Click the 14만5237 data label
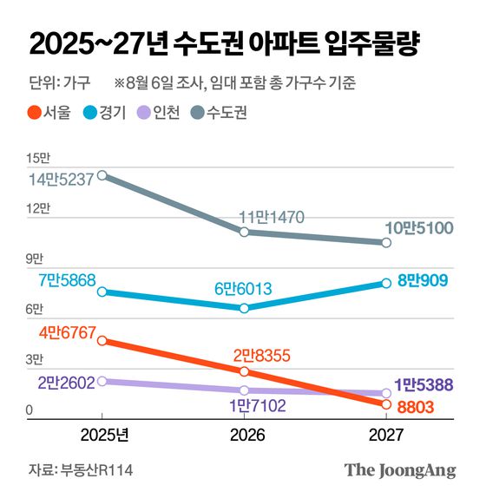[x=60, y=181]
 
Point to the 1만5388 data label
[x=424, y=384]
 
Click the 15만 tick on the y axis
[x=39, y=159]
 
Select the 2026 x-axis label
[x=245, y=434]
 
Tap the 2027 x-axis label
[x=385, y=434]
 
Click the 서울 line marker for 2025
[x=102, y=341]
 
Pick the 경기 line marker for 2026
[x=245, y=308]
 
